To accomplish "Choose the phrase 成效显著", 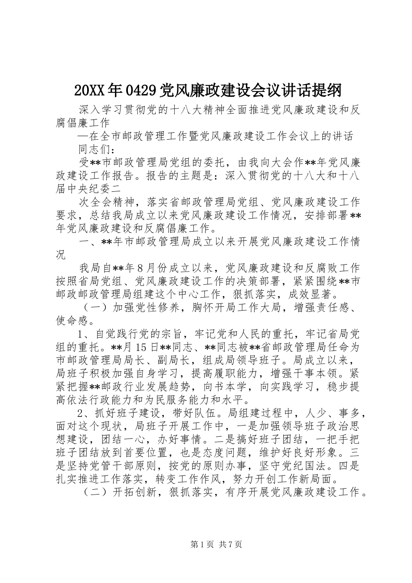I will point(307,295).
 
